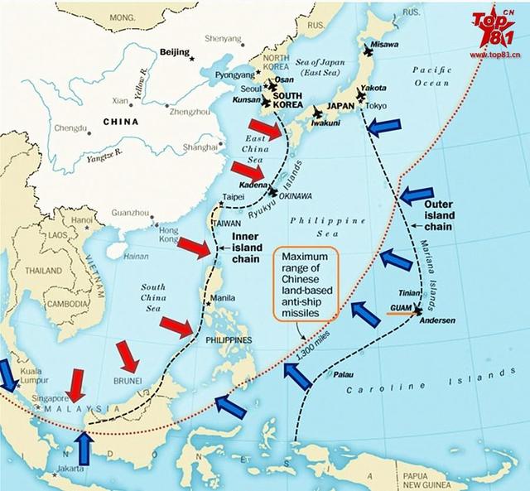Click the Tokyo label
coord(376,106)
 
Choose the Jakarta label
coord(68,469)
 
